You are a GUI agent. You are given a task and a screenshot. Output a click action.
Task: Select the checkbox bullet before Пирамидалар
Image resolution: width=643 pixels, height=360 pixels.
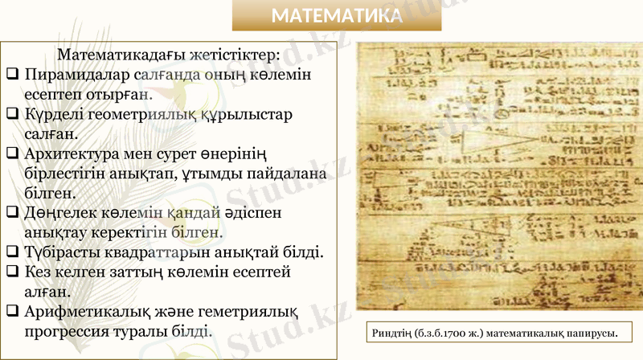click(x=11, y=75)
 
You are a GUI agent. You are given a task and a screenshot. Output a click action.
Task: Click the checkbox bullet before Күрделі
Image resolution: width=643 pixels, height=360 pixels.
click(x=11, y=114)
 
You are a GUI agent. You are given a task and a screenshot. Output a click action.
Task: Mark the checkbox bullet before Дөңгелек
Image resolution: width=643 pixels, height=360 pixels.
click(x=11, y=214)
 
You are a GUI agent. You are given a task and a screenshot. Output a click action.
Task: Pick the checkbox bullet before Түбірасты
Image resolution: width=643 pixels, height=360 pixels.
click(x=11, y=253)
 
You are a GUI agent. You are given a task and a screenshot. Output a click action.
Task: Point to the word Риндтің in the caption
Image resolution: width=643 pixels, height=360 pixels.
click(x=388, y=333)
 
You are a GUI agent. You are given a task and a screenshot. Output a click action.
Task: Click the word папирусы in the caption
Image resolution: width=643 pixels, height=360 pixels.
click(x=591, y=333)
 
